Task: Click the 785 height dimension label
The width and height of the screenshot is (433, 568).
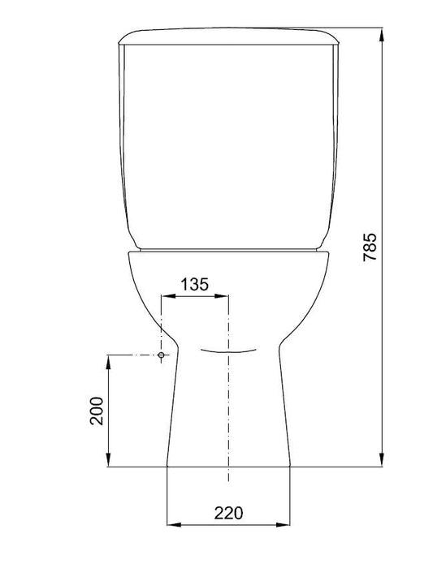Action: pos(370,247)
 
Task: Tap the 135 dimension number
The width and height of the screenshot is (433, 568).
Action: pos(195,284)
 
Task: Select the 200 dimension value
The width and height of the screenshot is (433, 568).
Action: pos(97,411)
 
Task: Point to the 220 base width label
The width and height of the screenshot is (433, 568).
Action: pos(228,513)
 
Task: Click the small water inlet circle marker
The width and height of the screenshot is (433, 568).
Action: pos(162,355)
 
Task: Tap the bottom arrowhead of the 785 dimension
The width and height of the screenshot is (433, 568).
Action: pos(382,459)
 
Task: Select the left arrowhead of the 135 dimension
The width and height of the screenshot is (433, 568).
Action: pos(169,296)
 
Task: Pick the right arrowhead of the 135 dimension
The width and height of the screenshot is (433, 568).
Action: pos(221,296)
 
